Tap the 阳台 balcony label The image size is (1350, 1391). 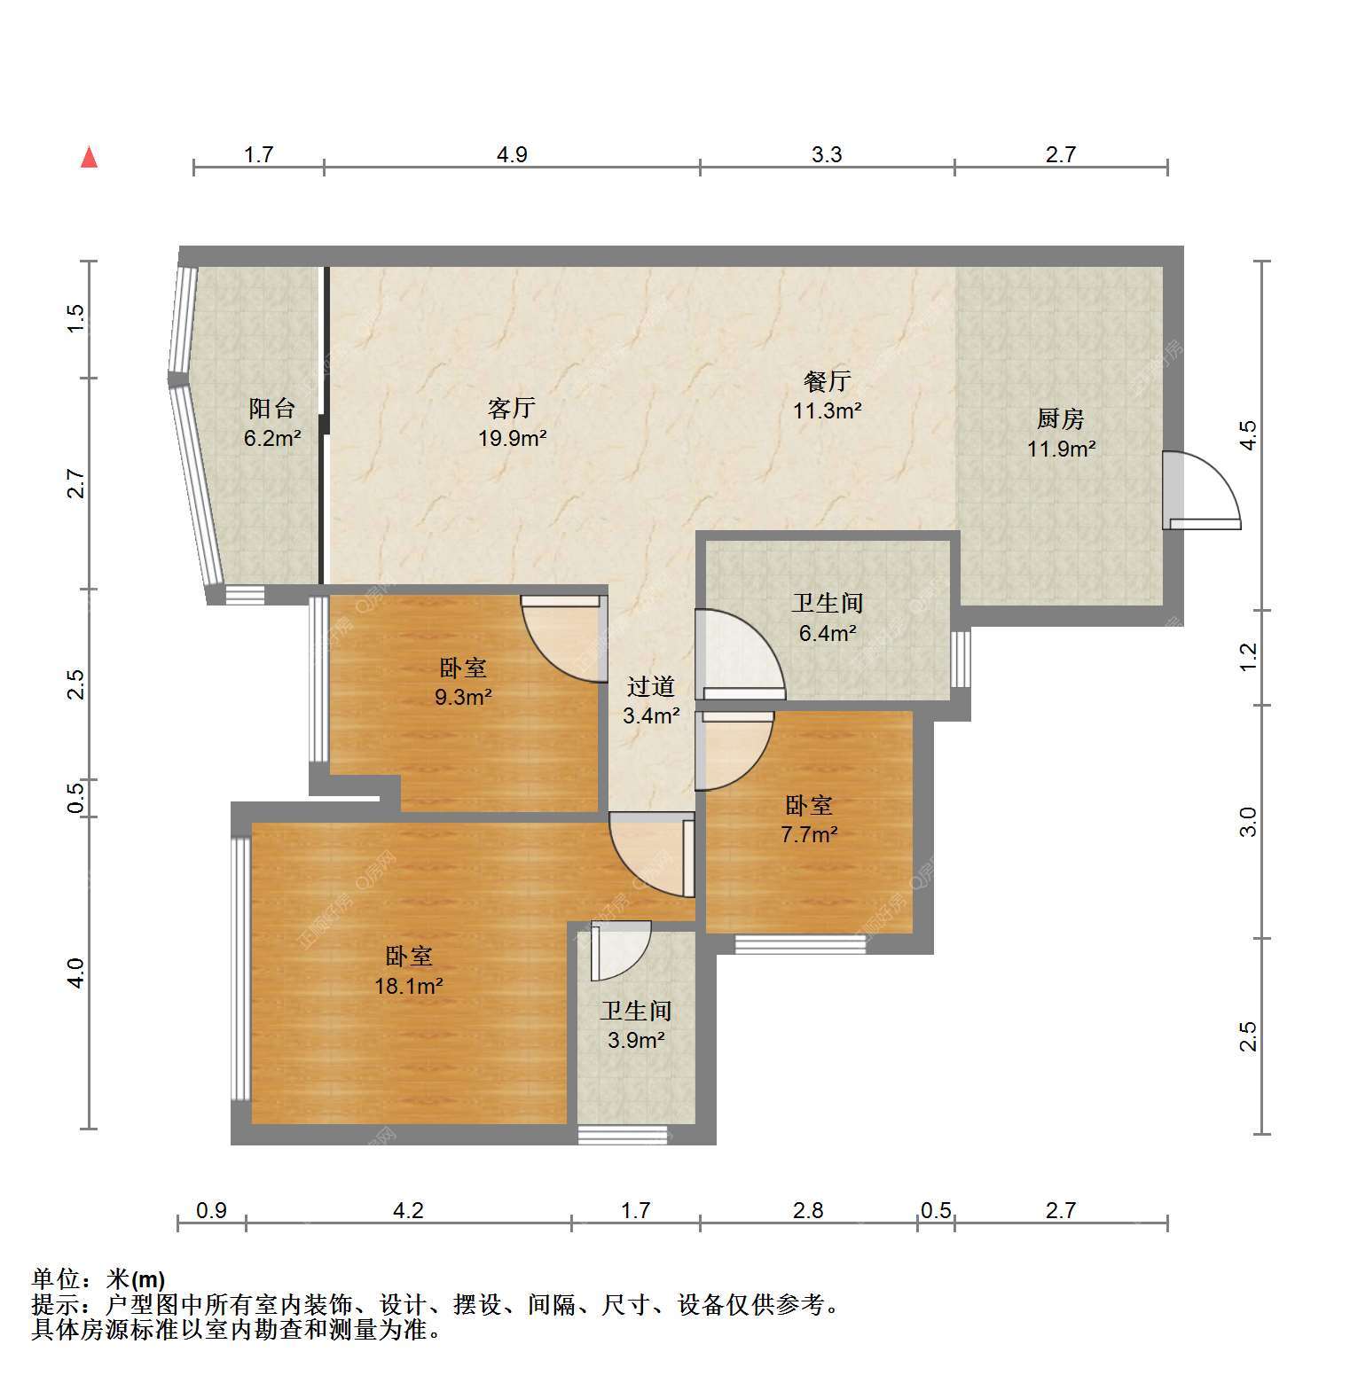[x=272, y=408]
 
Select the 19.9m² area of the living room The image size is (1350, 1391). [x=513, y=437]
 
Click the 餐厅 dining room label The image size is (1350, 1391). [x=827, y=381]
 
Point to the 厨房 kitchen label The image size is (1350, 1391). [x=1061, y=418]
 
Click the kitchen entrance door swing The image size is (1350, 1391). [x=1202, y=491]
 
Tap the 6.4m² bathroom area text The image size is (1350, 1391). [x=827, y=633]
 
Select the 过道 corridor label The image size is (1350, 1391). [x=651, y=686]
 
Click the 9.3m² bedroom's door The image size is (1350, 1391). [x=562, y=637]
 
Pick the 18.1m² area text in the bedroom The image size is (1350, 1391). [x=409, y=986]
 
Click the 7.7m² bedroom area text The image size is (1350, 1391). [x=809, y=834]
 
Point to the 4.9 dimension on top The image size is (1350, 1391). [x=512, y=155]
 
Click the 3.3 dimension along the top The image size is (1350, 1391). [x=827, y=155]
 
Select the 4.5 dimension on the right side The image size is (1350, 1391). [x=1248, y=435]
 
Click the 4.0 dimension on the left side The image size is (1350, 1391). [x=76, y=973]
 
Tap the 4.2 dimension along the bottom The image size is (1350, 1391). [x=408, y=1210]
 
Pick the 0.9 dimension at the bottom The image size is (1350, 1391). [x=211, y=1210]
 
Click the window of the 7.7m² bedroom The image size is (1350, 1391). [x=800, y=944]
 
